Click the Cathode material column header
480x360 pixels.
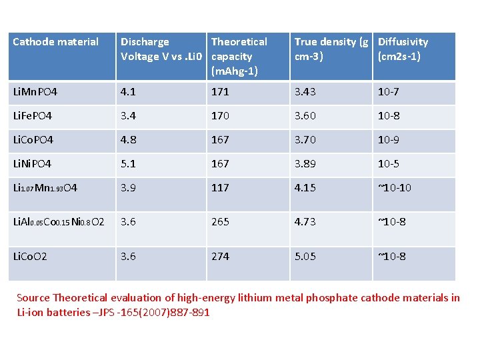55,42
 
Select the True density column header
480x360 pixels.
331,49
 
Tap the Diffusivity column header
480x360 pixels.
403,49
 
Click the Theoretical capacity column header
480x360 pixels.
239,56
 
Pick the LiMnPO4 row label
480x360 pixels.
41,91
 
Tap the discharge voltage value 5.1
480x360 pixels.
128,163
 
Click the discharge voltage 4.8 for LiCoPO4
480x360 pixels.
128,139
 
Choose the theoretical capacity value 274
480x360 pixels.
220,257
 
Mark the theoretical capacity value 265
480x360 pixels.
220,222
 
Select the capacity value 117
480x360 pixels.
220,187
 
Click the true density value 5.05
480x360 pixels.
305,257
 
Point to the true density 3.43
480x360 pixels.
305,91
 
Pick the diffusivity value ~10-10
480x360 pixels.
395,187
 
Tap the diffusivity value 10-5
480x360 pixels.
389,163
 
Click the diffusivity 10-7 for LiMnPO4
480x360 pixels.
389,91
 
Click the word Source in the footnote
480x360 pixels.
33,298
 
